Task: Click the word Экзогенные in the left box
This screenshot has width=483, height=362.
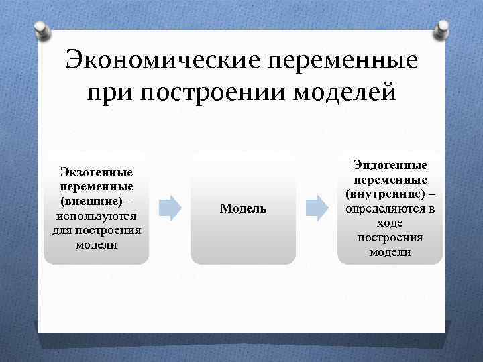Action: pos(97,173)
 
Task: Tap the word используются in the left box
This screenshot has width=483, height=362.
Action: pos(97,216)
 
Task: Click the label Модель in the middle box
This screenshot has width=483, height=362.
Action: pos(243,209)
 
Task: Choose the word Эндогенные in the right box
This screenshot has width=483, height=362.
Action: pos(390,165)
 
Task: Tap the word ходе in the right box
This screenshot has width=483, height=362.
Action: pos(390,223)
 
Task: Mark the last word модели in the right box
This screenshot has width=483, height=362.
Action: pos(390,253)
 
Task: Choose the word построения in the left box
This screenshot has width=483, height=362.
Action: pos(109,231)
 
